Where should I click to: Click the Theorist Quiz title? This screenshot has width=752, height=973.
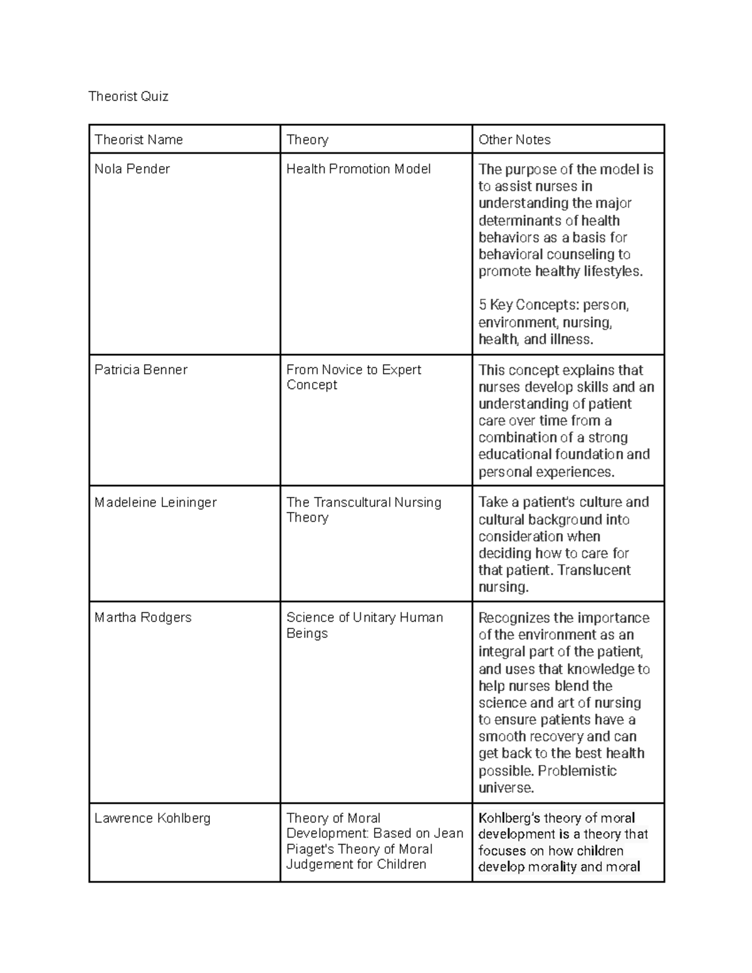tap(128, 96)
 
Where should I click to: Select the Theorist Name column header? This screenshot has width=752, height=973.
tap(138, 140)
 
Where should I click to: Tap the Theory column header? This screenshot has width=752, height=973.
tap(307, 140)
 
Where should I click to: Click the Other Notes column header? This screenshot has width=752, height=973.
tap(514, 140)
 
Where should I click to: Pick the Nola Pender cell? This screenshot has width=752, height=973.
tap(132, 169)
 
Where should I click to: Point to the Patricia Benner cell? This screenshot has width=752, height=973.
tap(141, 370)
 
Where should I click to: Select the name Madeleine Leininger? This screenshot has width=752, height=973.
tap(155, 502)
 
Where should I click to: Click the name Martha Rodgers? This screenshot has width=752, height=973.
tap(143, 618)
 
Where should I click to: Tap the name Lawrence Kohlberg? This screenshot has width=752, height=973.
tap(152, 818)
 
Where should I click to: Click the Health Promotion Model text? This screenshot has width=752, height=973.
tap(358, 169)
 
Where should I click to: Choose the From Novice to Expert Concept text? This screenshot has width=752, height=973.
tap(353, 377)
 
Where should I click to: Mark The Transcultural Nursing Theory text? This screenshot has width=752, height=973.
tap(363, 510)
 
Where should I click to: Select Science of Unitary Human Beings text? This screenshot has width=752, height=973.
tap(364, 625)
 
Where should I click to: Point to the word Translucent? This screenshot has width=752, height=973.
tap(594, 570)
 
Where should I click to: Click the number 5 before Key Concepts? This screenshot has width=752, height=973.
tap(483, 305)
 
